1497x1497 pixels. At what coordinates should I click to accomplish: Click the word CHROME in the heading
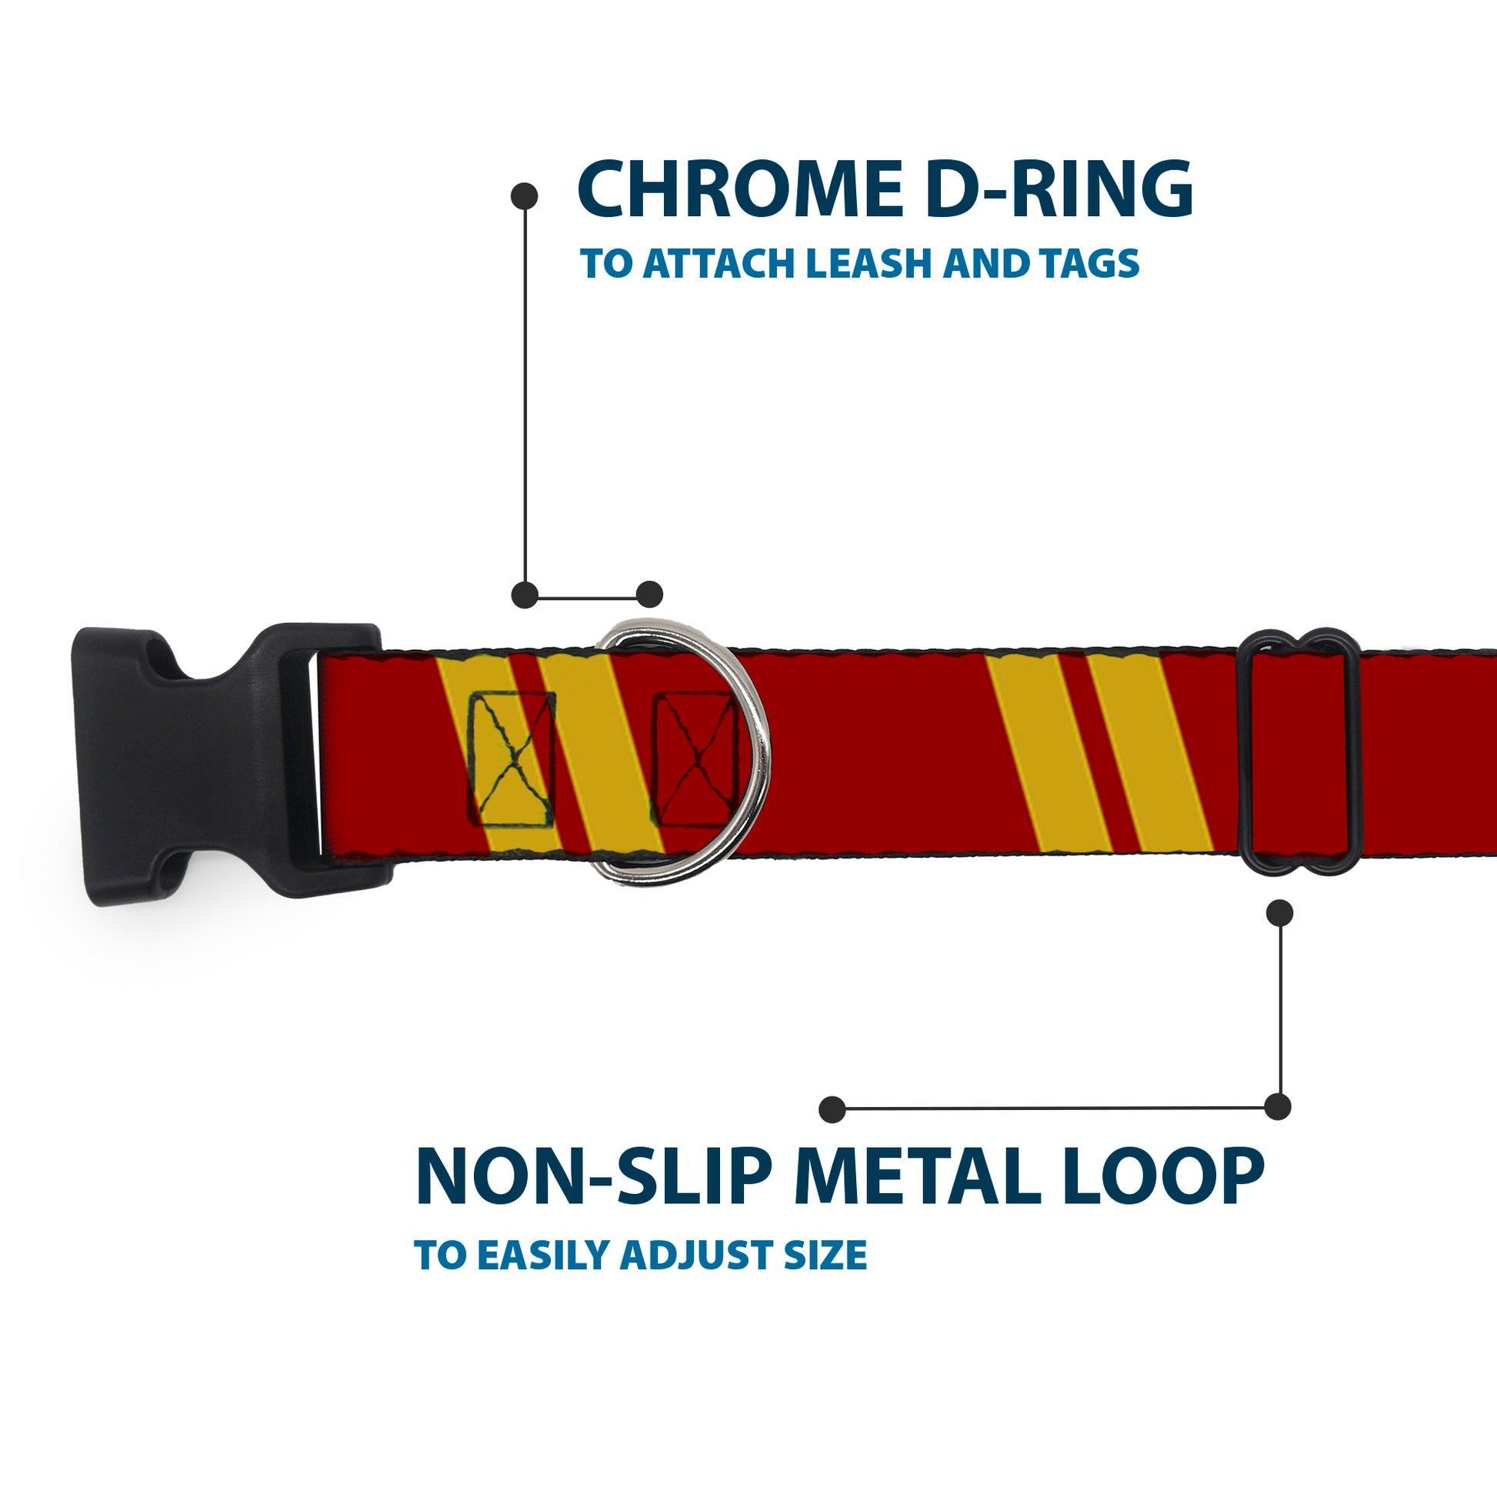click(x=738, y=190)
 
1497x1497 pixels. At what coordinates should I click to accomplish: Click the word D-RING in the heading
click(x=1058, y=190)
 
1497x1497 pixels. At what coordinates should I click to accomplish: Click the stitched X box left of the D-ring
click(x=512, y=759)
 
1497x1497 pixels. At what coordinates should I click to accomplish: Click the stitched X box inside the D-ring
click(x=694, y=759)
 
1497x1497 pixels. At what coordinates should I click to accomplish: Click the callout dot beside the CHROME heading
click(x=525, y=196)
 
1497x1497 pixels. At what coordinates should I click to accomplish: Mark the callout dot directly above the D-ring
click(x=649, y=595)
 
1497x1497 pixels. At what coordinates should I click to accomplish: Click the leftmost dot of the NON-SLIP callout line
click(x=832, y=1109)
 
